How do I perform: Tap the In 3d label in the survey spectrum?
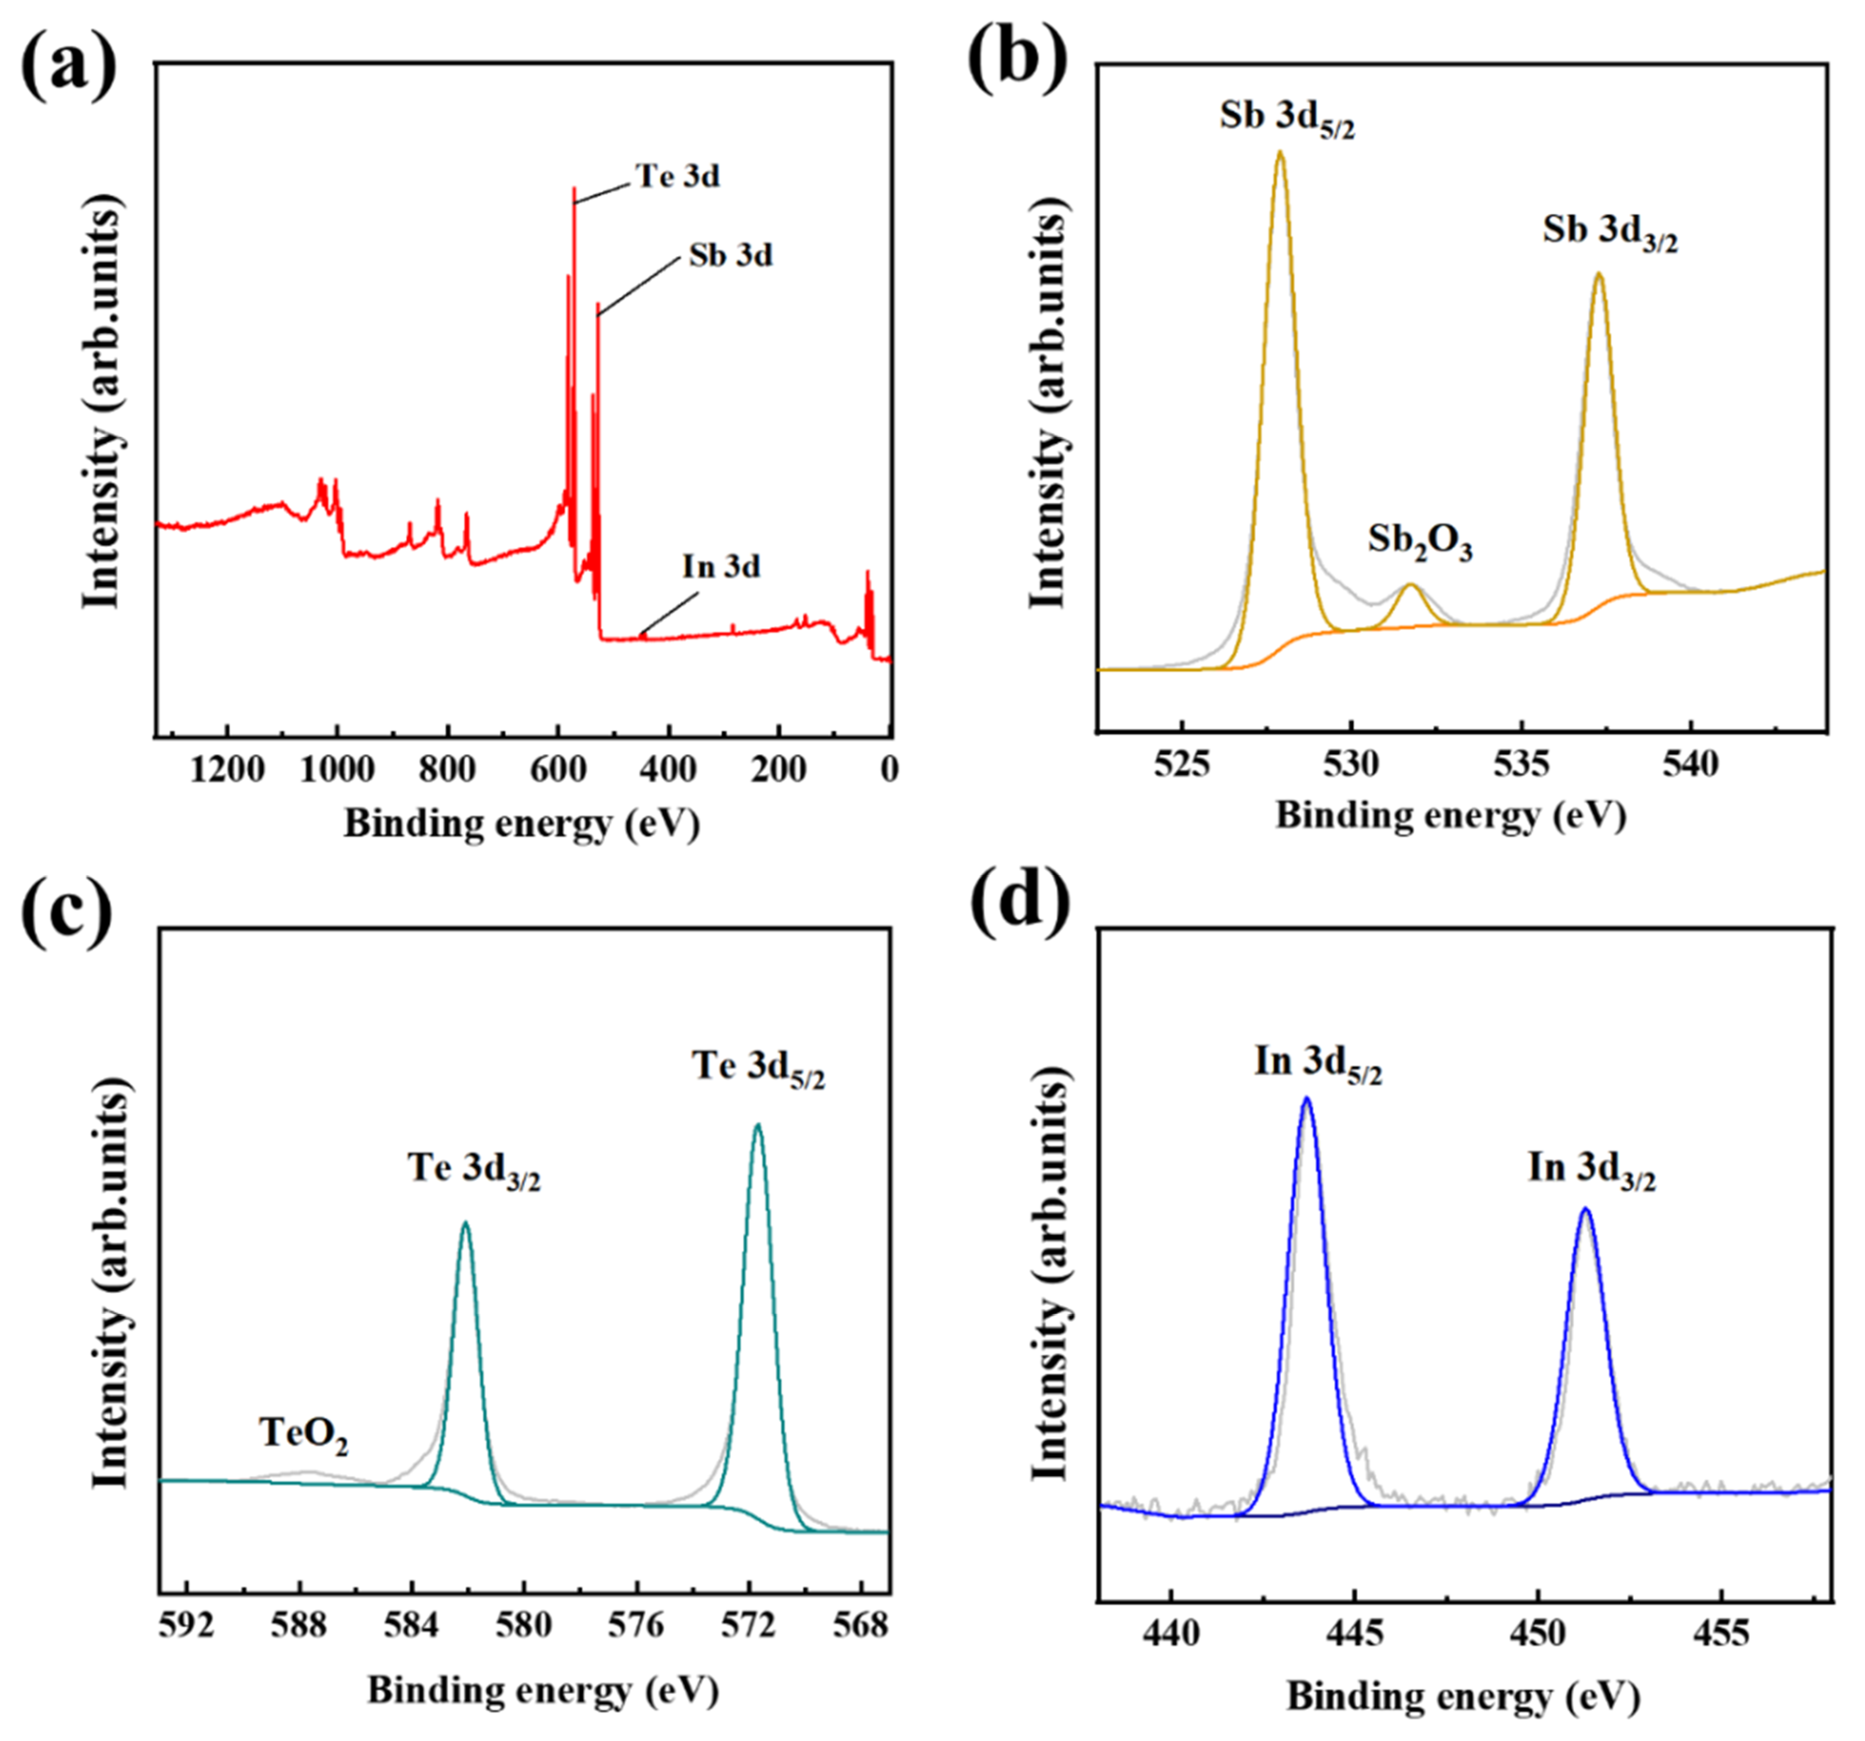pos(720,567)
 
